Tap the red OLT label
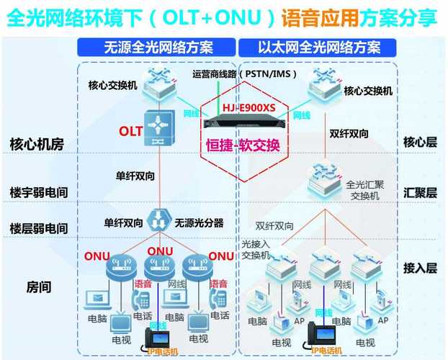[130, 132]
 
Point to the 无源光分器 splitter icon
[157, 219]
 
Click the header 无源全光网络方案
[158, 48]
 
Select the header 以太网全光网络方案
[319, 48]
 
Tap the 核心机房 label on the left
[37, 143]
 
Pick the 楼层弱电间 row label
[39, 228]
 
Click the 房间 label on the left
[39, 287]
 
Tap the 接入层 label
[420, 269]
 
